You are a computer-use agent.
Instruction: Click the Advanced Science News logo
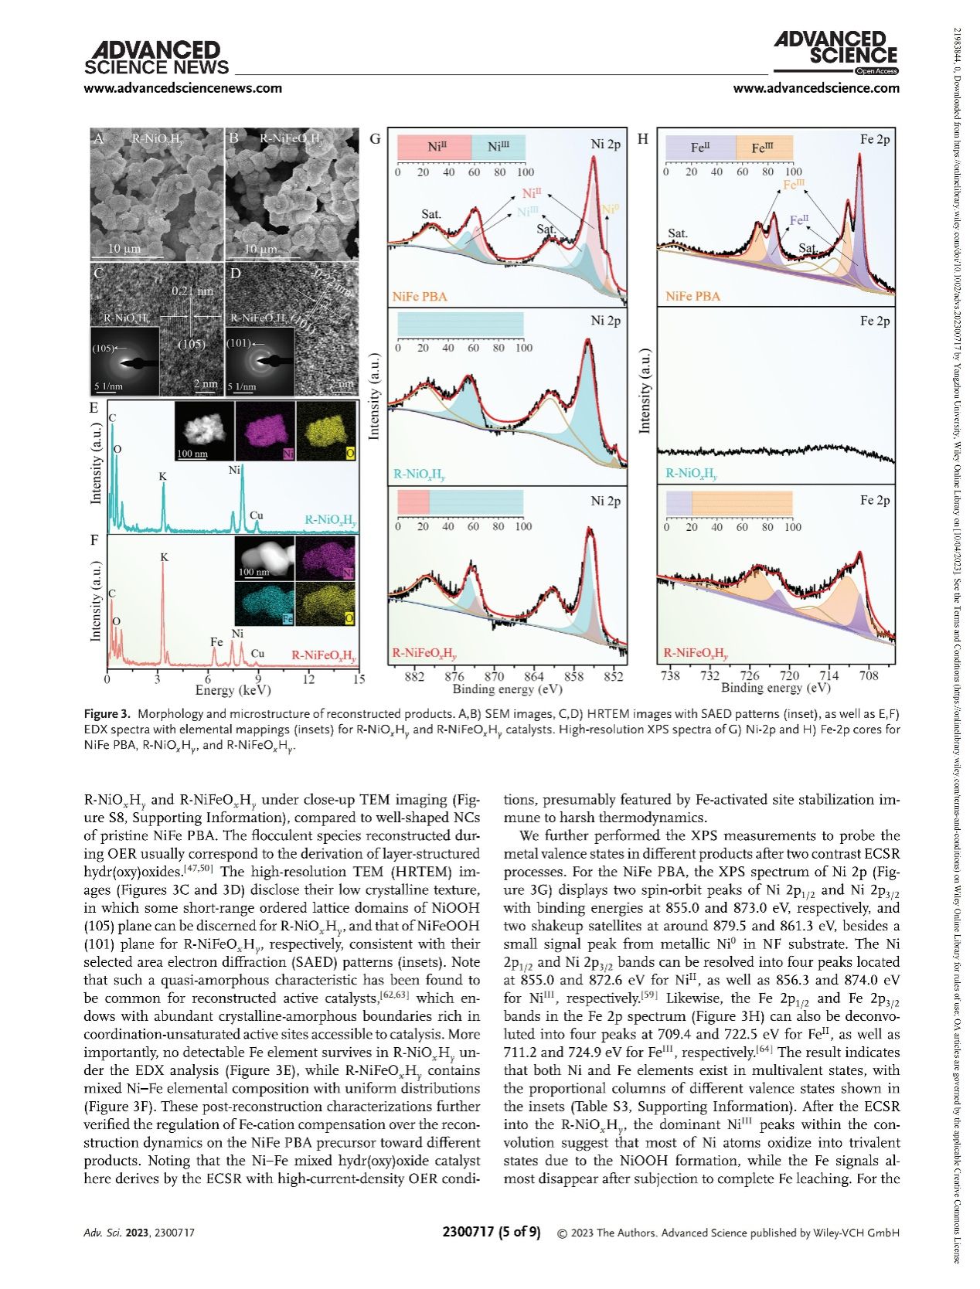click(155, 57)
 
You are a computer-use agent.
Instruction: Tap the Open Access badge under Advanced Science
click(876, 71)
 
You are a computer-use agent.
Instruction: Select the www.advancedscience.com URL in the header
click(816, 88)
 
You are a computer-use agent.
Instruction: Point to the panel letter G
click(376, 139)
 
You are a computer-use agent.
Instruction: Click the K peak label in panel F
click(164, 557)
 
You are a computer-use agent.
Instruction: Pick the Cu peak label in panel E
click(257, 515)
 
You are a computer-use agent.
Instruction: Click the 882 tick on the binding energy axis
click(414, 677)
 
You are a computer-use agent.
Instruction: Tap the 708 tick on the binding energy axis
click(869, 677)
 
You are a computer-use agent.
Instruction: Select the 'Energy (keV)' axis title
click(233, 690)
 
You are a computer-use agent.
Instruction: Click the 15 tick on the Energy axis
click(359, 679)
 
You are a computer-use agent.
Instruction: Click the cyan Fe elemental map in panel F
click(264, 604)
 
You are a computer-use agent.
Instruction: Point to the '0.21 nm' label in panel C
click(192, 291)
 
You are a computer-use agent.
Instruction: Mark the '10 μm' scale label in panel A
click(124, 250)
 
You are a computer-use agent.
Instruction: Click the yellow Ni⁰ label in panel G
click(610, 209)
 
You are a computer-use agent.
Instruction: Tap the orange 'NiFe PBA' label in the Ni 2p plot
click(420, 296)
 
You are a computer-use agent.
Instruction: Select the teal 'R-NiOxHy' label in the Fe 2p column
click(692, 474)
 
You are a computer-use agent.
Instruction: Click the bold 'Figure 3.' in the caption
click(107, 713)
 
